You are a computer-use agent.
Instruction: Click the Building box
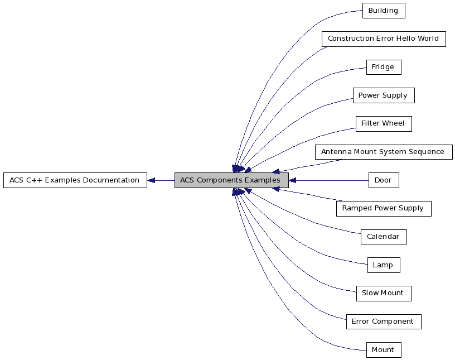[x=383, y=11]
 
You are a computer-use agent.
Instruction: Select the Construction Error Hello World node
[x=383, y=39]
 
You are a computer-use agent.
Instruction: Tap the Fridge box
[x=383, y=68]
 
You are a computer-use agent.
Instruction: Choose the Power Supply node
[x=383, y=95]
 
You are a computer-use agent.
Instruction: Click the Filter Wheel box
[x=383, y=124]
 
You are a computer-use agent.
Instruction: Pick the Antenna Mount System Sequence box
[x=383, y=152]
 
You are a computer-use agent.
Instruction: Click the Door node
[x=383, y=180]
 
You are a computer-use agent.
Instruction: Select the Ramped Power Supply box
[x=383, y=209]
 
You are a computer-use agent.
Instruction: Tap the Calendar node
[x=383, y=237]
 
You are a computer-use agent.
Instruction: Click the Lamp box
[x=383, y=265]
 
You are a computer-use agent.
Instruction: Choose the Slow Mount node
[x=383, y=293]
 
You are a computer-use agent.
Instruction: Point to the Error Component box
[x=383, y=321]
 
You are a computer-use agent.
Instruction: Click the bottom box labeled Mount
[x=383, y=350]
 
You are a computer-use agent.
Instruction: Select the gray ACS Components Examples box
[x=231, y=180]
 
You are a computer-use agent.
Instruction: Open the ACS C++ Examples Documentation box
[x=75, y=180]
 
